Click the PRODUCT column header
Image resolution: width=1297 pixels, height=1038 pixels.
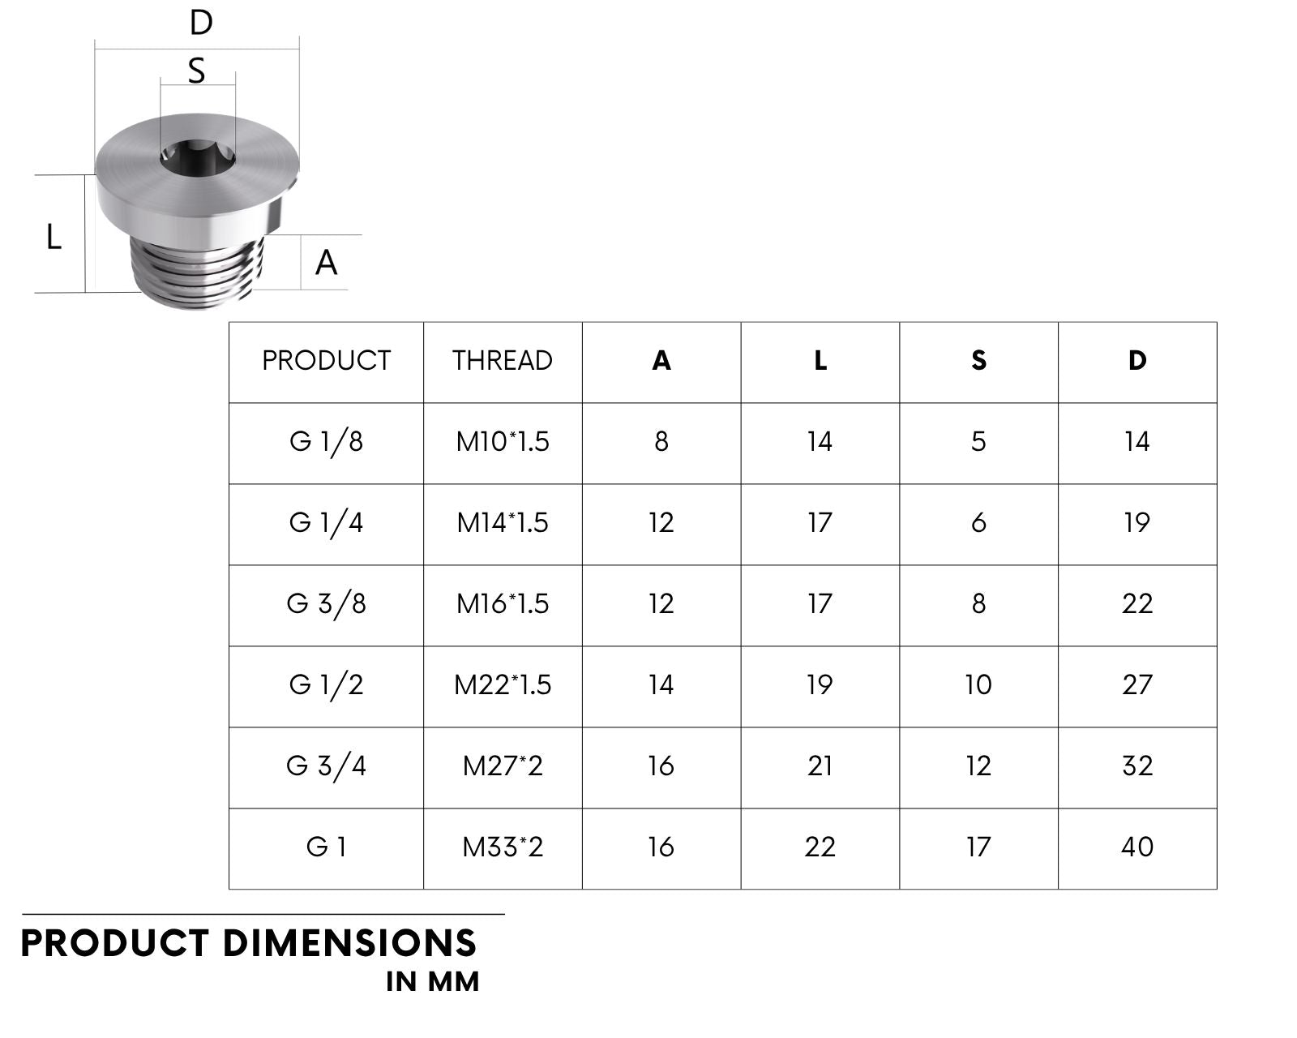pyautogui.click(x=326, y=361)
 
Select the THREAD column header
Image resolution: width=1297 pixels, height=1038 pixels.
pyautogui.click(x=503, y=361)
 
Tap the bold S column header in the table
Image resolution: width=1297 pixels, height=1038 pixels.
pyautogui.click(x=978, y=361)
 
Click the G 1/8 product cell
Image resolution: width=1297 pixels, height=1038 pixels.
pyautogui.click(x=326, y=442)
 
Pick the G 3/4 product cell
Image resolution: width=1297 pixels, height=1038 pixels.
pyautogui.click(x=326, y=766)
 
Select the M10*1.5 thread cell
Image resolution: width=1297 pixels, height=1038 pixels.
pyautogui.click(x=503, y=442)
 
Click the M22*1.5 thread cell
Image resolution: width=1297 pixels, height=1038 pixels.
pyautogui.click(x=503, y=685)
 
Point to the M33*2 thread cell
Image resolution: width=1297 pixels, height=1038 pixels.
pyautogui.click(x=503, y=847)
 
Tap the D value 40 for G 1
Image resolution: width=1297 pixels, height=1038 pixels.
pyautogui.click(x=1137, y=847)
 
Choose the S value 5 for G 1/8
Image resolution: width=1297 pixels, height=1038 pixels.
pyautogui.click(x=978, y=442)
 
